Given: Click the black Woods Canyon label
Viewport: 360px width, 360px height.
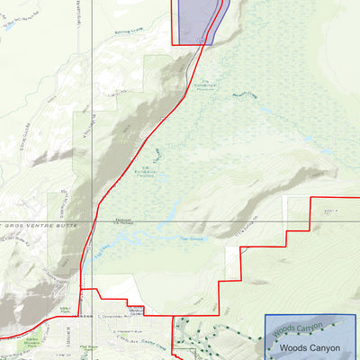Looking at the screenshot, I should pos(309,347).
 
